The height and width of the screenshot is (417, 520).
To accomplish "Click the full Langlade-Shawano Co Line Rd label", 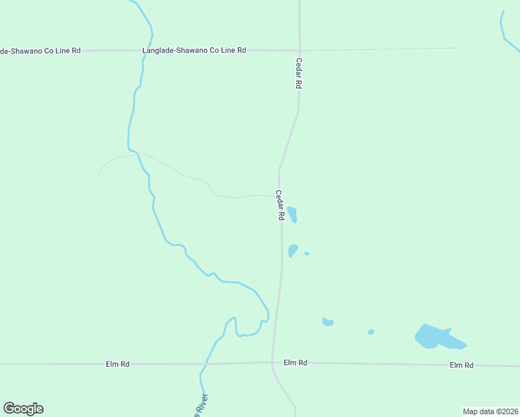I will (x=194, y=50).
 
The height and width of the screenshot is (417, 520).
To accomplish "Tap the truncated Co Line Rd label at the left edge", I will (x=40, y=50).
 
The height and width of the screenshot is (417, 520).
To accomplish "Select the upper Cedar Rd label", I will (x=299, y=72).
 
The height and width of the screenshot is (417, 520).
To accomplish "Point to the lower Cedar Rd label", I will (x=279, y=206).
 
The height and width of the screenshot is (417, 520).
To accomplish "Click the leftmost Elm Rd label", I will (x=117, y=363).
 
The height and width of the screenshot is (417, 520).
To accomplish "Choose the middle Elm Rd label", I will (x=295, y=363).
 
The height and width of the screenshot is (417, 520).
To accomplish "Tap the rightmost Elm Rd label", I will (x=461, y=365).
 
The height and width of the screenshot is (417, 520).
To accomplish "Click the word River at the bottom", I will (x=202, y=405).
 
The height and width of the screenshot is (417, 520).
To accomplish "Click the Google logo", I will (x=23, y=408).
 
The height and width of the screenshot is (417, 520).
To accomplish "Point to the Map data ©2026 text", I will (x=490, y=411).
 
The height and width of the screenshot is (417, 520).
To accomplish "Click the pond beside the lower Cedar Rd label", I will (x=293, y=214).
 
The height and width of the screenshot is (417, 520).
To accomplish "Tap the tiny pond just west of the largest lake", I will (x=371, y=332).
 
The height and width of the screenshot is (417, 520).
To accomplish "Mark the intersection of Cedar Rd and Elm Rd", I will (x=272, y=362).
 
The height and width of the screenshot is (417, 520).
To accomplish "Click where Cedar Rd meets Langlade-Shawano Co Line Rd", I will (x=299, y=50).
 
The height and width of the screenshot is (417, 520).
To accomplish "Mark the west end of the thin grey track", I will (x=99, y=174).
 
